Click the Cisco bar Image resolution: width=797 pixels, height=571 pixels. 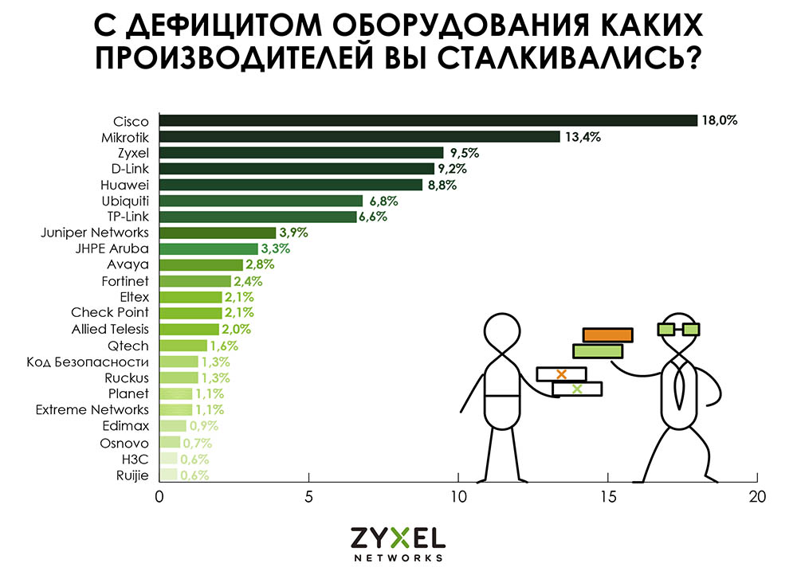(x=429, y=120)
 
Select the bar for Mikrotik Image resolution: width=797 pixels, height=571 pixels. (x=359, y=136)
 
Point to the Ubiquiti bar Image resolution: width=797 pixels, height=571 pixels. (x=261, y=201)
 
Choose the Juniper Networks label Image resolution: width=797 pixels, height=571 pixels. (x=95, y=233)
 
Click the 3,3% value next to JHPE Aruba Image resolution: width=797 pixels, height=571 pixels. (x=276, y=249)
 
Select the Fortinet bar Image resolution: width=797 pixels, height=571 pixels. (x=195, y=281)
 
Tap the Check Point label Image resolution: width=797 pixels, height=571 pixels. (x=110, y=313)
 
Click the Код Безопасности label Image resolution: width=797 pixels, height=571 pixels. (x=88, y=362)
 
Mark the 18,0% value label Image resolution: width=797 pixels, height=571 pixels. (x=719, y=121)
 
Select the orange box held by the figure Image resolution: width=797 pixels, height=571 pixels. (x=607, y=334)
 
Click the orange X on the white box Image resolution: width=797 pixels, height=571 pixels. (x=561, y=373)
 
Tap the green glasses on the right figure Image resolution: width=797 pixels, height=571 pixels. (x=678, y=329)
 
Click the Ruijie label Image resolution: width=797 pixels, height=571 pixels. (x=132, y=475)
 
